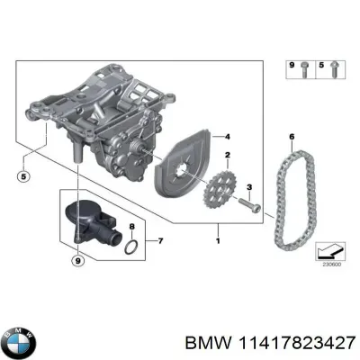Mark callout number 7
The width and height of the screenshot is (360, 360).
click(160, 241)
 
